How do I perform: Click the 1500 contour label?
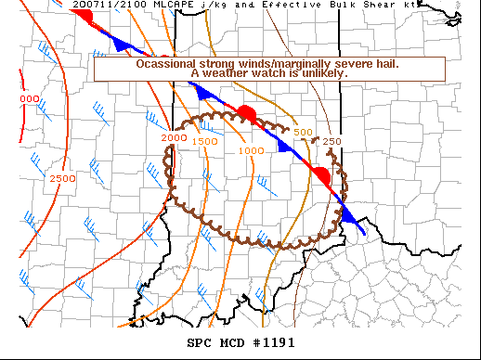click(x=205, y=141)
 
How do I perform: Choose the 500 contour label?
click(x=303, y=133)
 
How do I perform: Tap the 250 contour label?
click(x=332, y=141)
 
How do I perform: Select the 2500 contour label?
click(x=61, y=178)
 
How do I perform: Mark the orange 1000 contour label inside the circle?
click(x=252, y=150)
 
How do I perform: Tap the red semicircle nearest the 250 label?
click(x=320, y=174)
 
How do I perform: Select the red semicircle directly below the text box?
click(x=247, y=114)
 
